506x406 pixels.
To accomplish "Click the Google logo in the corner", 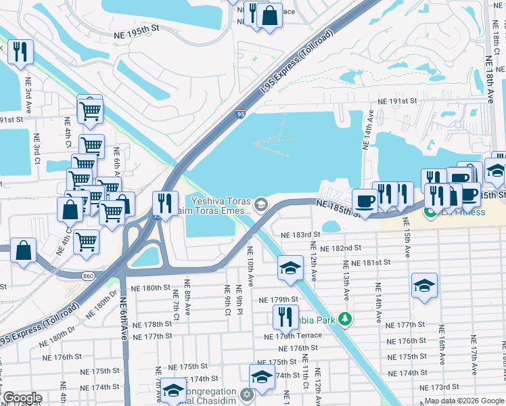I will [22, 398].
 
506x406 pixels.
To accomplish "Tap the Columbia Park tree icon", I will [345, 318].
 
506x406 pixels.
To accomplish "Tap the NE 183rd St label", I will [301, 234].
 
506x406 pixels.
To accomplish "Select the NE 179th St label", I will [278, 299].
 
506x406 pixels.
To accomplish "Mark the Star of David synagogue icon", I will [246, 393].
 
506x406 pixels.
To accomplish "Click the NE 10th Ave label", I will [250, 269].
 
